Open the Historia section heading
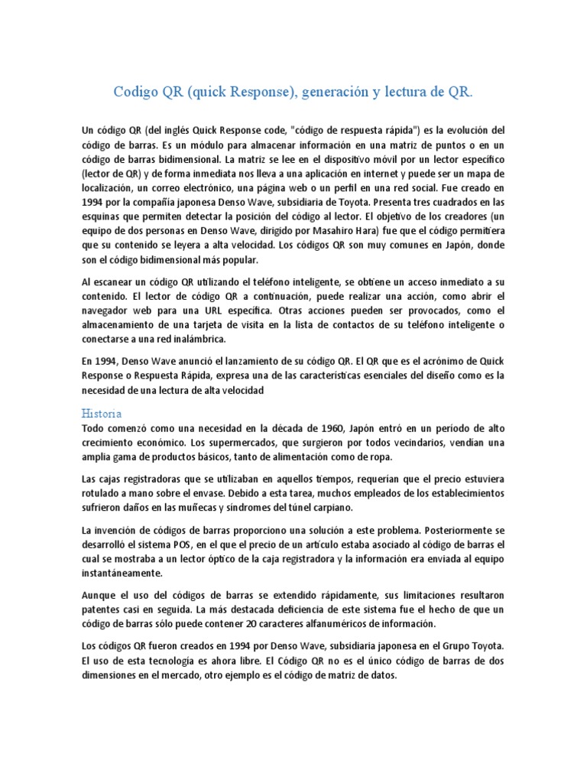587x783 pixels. (x=100, y=413)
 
